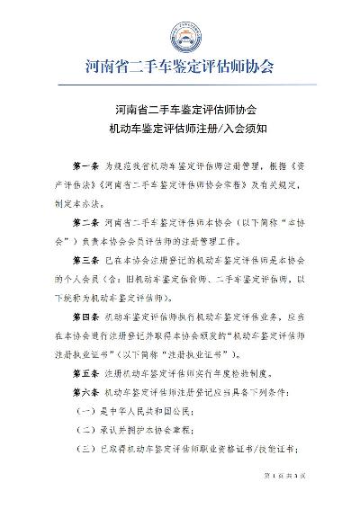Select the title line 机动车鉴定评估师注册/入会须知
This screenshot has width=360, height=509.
coord(179,128)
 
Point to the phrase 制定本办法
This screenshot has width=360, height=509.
coord(80,203)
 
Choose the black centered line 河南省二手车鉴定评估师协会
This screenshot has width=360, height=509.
coord(179,108)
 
